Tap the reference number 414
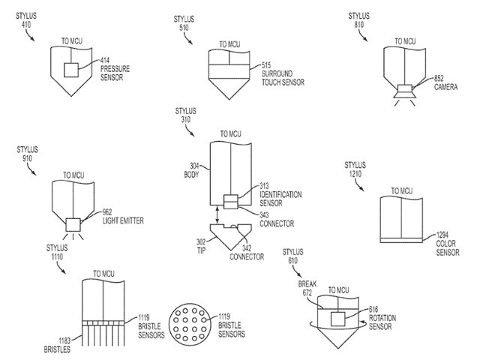click(106, 60)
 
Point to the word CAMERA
click(446, 87)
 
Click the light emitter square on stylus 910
click(73, 223)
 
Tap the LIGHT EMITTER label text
click(123, 220)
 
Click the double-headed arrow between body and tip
click(217, 216)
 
